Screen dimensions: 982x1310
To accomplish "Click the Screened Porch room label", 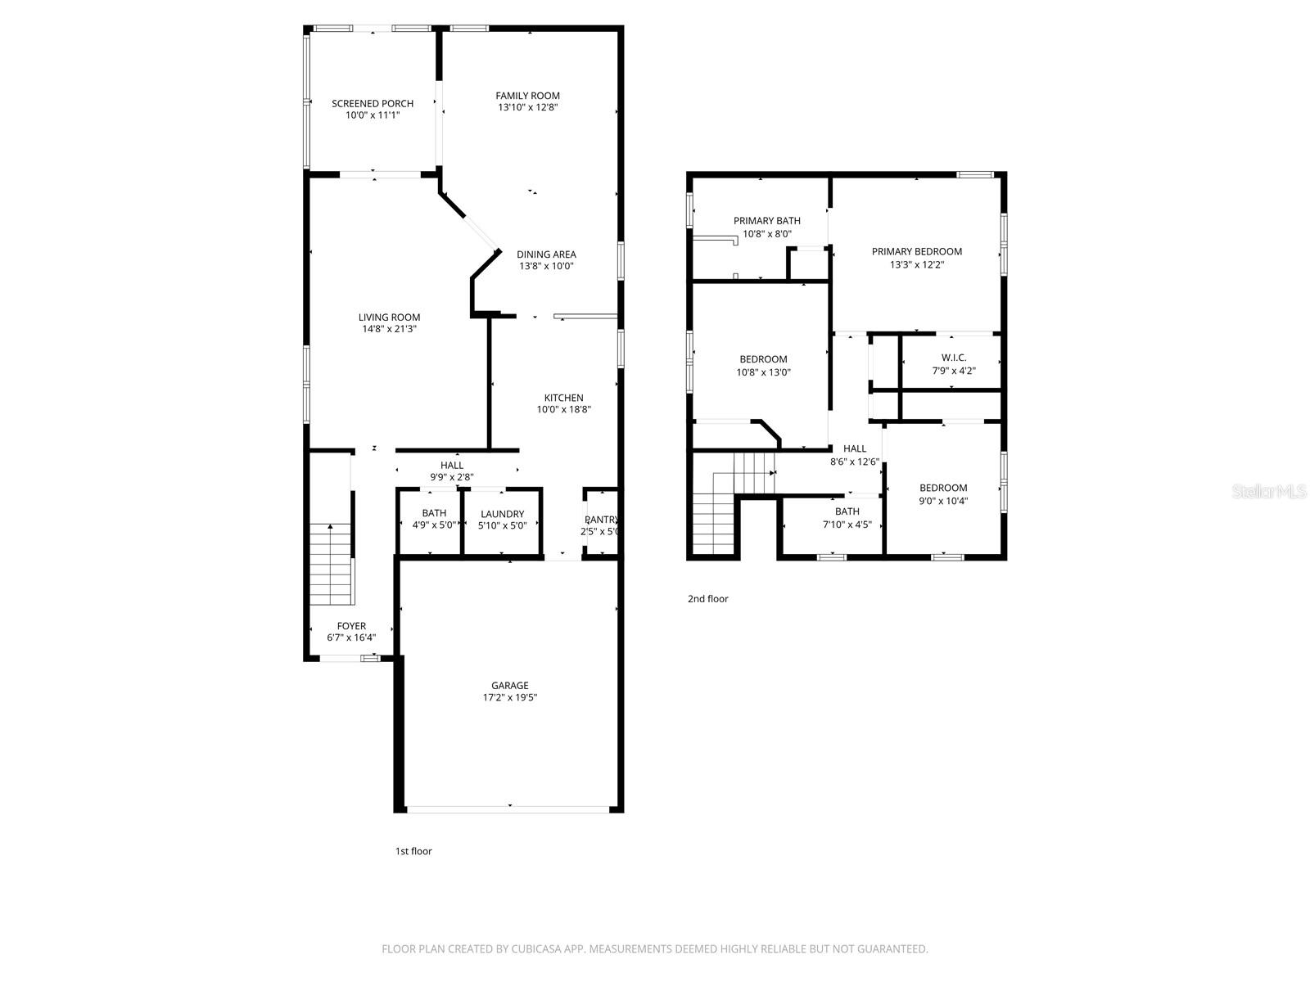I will tap(373, 103).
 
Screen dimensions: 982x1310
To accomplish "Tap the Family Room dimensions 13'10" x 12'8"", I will tap(527, 107).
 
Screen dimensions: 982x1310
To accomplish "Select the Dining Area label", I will tap(546, 254).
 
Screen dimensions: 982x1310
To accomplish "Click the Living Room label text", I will tap(389, 318).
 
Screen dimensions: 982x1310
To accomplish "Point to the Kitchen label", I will tap(563, 398).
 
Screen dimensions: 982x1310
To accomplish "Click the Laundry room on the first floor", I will tap(502, 519).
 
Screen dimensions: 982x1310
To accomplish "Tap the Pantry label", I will tap(600, 520).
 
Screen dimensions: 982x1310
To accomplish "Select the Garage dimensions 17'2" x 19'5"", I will tap(509, 698).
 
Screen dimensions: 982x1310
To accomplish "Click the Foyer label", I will tap(351, 626).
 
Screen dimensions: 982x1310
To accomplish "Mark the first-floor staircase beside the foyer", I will tap(331, 565).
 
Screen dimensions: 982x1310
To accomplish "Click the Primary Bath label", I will tap(766, 221).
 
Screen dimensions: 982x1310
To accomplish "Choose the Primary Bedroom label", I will tap(916, 251).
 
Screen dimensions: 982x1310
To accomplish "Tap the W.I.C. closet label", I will tap(954, 358).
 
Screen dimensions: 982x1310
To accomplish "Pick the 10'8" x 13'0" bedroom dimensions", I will tap(763, 372).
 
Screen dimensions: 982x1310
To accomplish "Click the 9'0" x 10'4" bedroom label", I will tap(942, 488).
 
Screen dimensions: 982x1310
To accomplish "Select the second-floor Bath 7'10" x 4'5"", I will tap(847, 518).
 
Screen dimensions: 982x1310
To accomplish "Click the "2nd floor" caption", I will tap(707, 599).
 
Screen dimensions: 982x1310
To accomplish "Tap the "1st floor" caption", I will tap(413, 851).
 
